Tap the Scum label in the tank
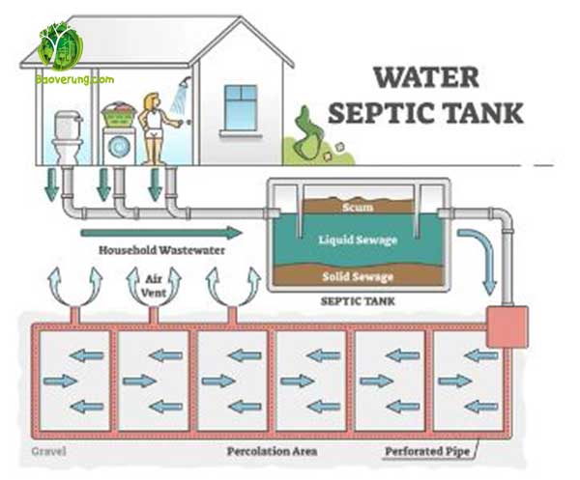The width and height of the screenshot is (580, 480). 357,207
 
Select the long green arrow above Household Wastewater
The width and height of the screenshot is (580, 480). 160,232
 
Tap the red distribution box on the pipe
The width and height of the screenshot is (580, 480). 507,327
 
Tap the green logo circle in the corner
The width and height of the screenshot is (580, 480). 60,45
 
